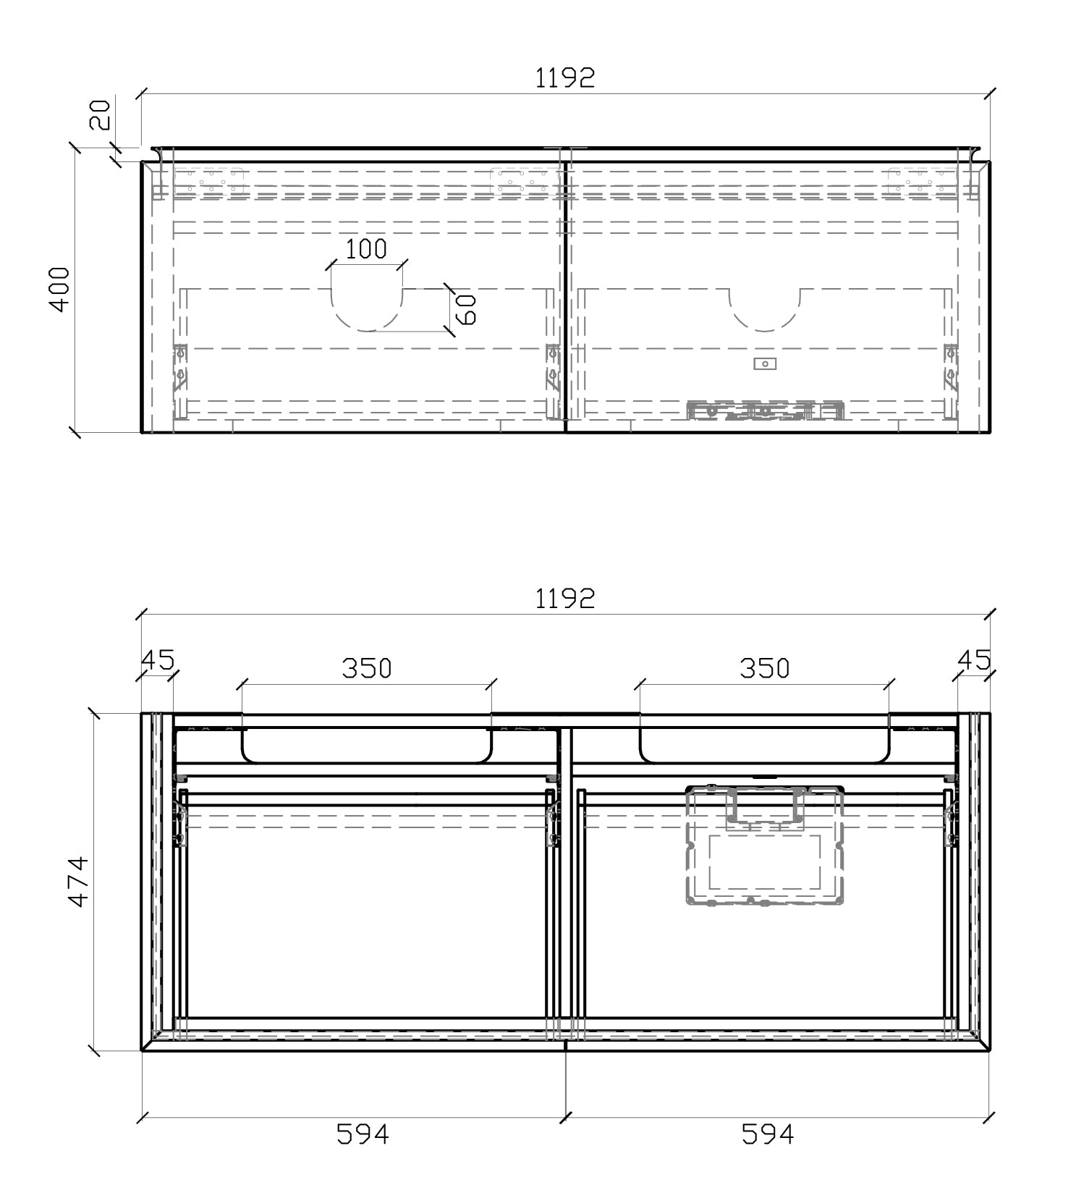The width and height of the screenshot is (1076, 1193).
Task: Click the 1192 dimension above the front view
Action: [x=564, y=77]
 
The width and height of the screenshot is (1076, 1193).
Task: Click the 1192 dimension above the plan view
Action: [x=564, y=599]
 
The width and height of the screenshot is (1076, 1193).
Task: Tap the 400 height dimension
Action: [x=60, y=290]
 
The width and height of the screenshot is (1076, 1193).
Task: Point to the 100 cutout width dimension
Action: [x=366, y=249]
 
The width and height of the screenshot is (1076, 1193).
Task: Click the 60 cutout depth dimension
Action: [x=467, y=309]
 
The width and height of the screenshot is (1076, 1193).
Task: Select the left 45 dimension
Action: [x=158, y=659]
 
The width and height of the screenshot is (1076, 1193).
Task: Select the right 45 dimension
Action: [x=973, y=659]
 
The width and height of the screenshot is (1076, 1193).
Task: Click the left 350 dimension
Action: [x=366, y=668]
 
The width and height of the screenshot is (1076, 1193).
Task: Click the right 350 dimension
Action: [x=764, y=668]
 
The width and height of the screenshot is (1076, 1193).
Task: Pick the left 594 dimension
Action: [x=363, y=1134]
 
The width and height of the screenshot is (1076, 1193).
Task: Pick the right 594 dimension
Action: [x=767, y=1134]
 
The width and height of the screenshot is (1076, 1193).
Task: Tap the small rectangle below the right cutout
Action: [x=765, y=363]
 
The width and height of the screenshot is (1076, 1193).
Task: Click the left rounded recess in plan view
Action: [x=366, y=746]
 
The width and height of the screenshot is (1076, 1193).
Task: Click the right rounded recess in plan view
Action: [x=764, y=746]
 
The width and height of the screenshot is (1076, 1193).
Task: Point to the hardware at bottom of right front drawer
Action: [x=765, y=411]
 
